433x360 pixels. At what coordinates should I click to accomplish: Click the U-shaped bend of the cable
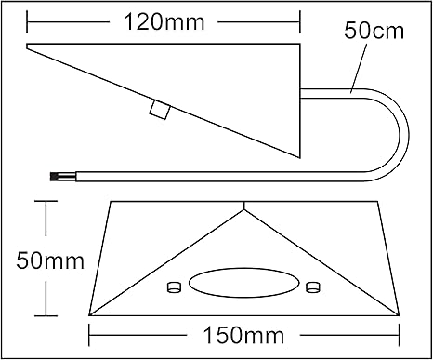coord(400,131)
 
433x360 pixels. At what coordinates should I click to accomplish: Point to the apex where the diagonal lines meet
coord(244,210)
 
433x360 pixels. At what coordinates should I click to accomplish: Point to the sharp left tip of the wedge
coord(28,48)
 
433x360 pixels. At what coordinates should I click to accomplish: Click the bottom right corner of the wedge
coord(301,157)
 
